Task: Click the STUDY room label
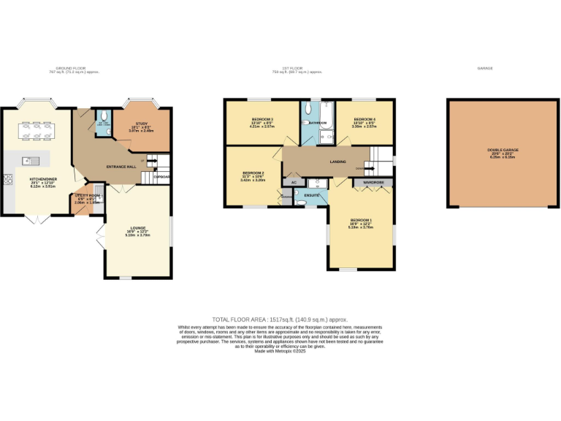142,124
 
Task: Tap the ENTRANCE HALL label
121,167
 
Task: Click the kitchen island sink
29,160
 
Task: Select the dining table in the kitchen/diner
37,129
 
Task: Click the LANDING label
338,162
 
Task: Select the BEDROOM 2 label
253,173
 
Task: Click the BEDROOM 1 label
361,220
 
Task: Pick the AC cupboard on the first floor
294,181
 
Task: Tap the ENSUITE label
312,195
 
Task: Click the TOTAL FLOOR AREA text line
280,320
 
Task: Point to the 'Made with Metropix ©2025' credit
280,352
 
